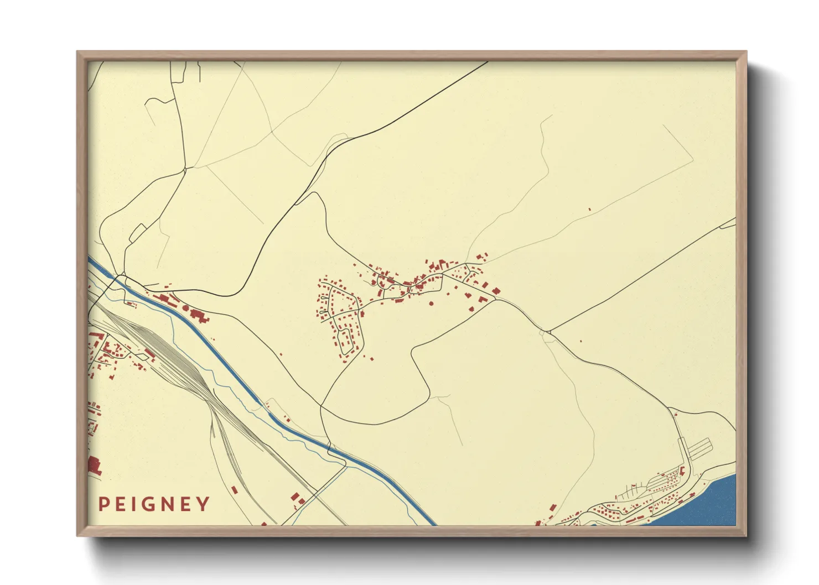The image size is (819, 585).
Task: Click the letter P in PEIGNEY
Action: pos(103,504)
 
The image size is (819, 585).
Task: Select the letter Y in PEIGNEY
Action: pos(204,504)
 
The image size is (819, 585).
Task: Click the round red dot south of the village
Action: pos(431,303)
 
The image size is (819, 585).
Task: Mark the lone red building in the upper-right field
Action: pos(589,209)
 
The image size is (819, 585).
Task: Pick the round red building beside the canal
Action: pos(185,306)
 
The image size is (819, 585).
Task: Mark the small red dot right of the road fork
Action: pos(580,341)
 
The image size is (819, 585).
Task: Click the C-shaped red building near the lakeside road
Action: pos(682,471)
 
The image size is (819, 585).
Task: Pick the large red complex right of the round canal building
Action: pos(198,315)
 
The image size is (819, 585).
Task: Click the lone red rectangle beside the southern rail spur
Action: pos(234,490)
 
